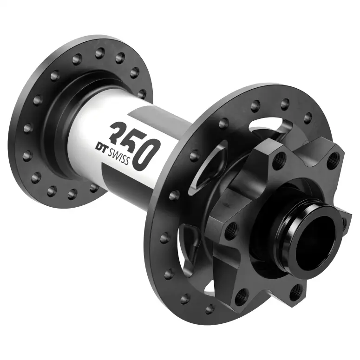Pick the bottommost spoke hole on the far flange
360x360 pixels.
point(72,195)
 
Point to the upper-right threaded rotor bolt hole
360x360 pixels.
point(332,161)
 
